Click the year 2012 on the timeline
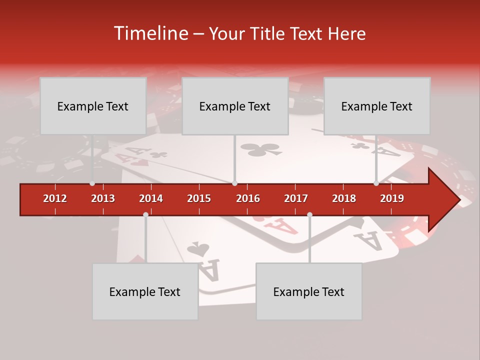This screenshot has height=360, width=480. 55,198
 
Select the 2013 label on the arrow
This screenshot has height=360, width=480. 103,198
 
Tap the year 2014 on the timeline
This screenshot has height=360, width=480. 151,198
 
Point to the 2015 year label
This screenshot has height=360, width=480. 199,198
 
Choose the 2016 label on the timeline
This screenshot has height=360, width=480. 248,198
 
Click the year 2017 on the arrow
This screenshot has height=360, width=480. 296,198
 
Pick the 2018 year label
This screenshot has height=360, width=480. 344,198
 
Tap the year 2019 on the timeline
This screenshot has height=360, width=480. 392,198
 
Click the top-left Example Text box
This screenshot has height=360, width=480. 93,106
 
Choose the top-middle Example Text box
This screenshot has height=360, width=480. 235,106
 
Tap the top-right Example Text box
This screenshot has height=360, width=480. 377,106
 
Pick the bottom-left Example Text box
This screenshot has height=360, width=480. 145,291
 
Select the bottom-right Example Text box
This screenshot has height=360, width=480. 309,291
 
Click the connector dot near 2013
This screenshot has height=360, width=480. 92,183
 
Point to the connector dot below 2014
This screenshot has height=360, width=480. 145,214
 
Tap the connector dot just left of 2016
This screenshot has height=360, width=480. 234,183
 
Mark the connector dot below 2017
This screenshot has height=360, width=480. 309,214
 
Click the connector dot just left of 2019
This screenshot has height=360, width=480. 376,183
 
